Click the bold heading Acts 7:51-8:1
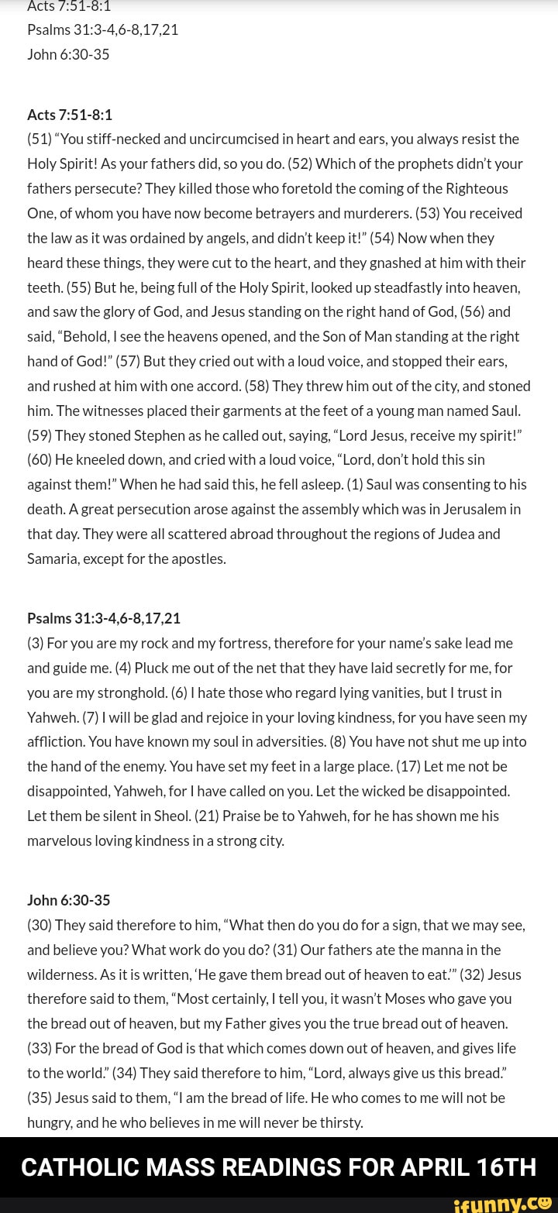70,115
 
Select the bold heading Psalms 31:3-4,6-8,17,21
104,618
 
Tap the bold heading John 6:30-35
69,900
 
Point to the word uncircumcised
238,139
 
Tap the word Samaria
53,558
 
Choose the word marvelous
61,840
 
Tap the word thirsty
337,1122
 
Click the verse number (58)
260,386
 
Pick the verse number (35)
40,1098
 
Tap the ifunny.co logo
501,1203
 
